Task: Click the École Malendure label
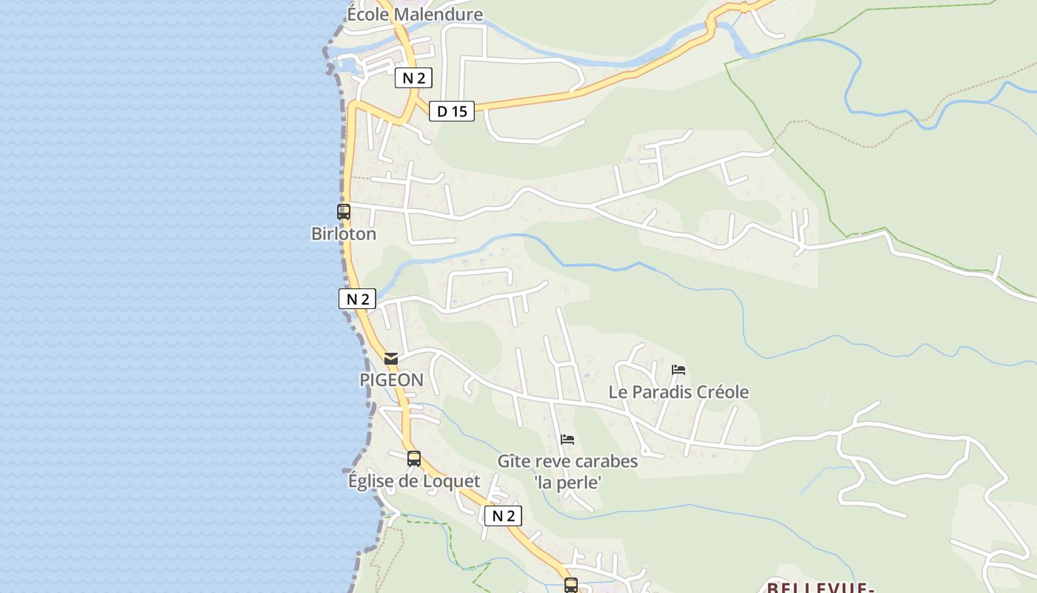(415, 15)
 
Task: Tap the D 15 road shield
(452, 111)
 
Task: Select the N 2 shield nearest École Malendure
(413, 78)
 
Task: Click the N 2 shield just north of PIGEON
(358, 299)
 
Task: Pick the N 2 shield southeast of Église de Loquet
(503, 516)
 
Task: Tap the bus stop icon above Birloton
(344, 211)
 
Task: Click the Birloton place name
(344, 234)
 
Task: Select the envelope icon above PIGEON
(391, 359)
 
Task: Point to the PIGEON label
(391, 380)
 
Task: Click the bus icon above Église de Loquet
(414, 458)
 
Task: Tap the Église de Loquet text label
(414, 481)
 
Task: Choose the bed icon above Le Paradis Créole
(678, 369)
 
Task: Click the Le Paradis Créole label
(678, 392)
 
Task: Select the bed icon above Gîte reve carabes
(567, 439)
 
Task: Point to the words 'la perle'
(567, 483)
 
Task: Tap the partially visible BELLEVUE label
(818, 588)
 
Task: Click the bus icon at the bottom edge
(570, 585)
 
